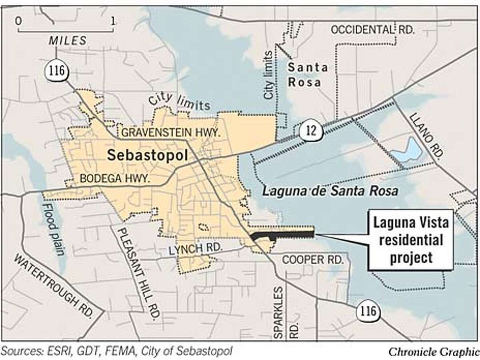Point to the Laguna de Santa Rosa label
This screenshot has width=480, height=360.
(330, 192)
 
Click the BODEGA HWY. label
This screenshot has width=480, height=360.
(115, 179)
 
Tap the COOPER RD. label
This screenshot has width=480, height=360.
(312, 260)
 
